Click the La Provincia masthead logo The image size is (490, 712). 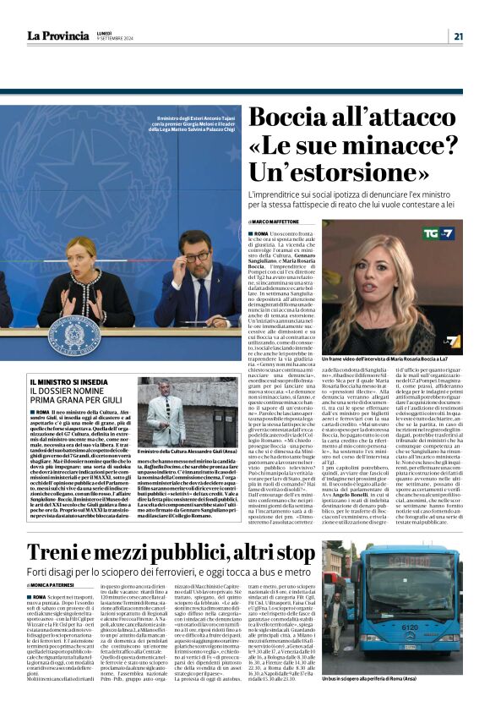[x=57, y=36]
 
